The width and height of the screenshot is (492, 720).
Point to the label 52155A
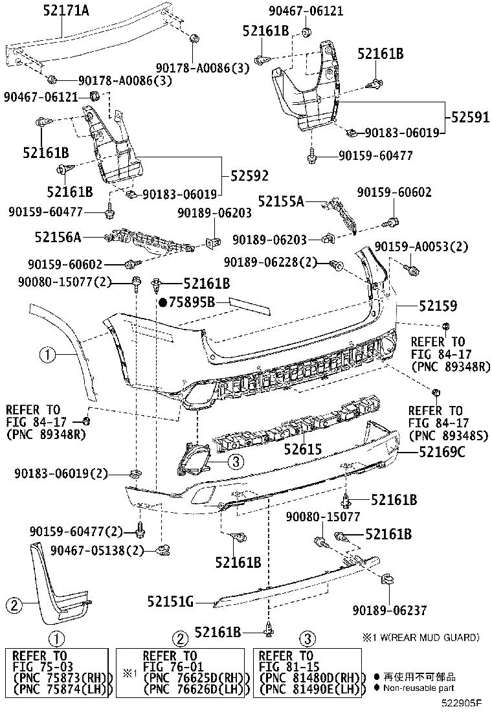pyautogui.click(x=281, y=202)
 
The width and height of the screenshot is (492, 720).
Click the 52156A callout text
pyautogui.click(x=58, y=238)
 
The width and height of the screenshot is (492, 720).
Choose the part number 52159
pyautogui.click(x=438, y=305)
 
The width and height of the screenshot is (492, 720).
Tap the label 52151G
pyautogui.click(x=170, y=602)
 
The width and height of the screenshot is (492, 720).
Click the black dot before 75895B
pyautogui.click(x=163, y=302)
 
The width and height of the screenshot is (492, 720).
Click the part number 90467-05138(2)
pyautogui.click(x=96, y=550)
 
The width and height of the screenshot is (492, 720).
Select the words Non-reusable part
pyautogui.click(x=419, y=688)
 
